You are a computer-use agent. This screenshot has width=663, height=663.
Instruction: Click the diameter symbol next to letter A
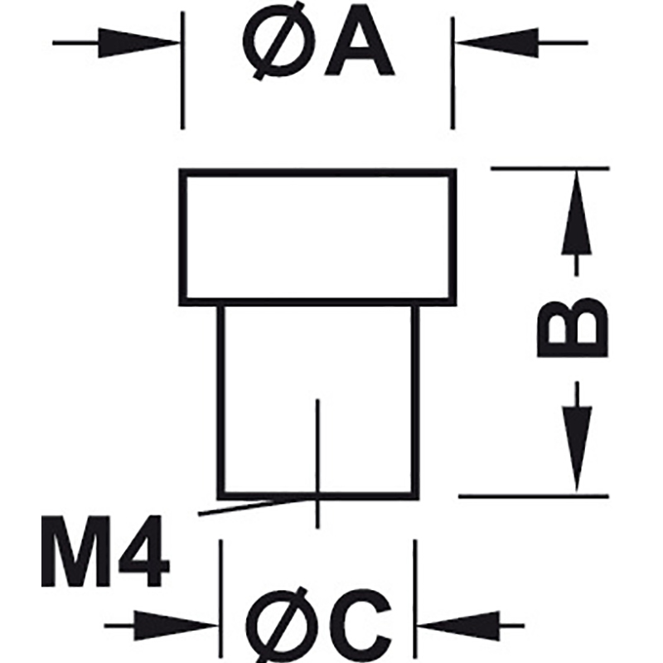279,41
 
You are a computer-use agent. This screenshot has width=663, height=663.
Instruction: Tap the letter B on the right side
572,327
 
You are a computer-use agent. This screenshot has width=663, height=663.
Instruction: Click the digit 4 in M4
143,551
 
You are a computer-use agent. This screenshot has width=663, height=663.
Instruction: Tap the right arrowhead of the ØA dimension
497,43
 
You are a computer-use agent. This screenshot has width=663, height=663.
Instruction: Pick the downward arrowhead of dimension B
577,449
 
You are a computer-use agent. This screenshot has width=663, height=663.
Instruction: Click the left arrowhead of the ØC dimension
176,626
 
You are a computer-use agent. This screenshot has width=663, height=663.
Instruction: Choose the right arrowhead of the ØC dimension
458,626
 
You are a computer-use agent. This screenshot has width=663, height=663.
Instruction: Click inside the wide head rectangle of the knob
317,237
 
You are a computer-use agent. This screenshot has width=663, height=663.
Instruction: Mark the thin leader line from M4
257,506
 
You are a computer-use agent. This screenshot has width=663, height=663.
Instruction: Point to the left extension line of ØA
182,70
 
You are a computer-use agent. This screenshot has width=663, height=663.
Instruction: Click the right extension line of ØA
452,73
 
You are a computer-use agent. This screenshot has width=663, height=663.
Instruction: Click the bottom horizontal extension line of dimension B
534,496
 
